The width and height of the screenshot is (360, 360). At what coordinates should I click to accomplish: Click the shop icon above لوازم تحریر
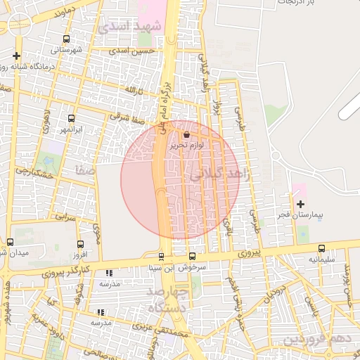pyautogui.click(x=186, y=135)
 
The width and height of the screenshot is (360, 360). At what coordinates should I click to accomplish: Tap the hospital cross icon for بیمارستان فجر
pyautogui.click(x=301, y=203)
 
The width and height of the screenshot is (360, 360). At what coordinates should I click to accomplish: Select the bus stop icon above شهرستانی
pyautogui.click(x=66, y=39)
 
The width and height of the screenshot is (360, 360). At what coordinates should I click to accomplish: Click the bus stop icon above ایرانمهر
pyautogui.click(x=71, y=119)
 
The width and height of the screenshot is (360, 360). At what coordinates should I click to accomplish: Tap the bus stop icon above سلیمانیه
pyautogui.click(x=321, y=248)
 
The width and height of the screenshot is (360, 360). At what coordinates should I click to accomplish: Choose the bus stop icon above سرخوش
pyautogui.click(x=193, y=256)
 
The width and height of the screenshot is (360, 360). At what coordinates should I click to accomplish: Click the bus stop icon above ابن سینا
pyautogui.click(x=162, y=256)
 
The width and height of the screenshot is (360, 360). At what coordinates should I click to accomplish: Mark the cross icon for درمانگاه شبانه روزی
pyautogui.click(x=16, y=55)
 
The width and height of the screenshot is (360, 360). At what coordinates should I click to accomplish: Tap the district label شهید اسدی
pyautogui.click(x=131, y=27)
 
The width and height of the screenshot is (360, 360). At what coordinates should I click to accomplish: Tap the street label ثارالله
pyautogui.click(x=134, y=91)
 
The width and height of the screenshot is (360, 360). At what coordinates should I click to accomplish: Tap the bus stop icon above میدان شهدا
pyautogui.click(x=10, y=243)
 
